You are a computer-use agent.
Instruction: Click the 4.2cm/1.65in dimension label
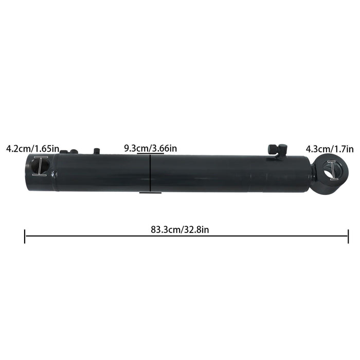point(32,149)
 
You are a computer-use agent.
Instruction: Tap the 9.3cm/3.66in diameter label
point(150,148)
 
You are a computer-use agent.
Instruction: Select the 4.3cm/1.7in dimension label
point(330,149)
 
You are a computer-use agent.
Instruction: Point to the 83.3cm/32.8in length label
point(180,229)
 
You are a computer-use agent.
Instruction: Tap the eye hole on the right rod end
point(332,171)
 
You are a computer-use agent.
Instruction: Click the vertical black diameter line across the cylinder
point(150,173)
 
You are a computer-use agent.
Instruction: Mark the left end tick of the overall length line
point(25,237)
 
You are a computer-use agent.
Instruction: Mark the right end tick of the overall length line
point(348,237)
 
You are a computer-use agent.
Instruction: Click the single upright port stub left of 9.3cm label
point(96,151)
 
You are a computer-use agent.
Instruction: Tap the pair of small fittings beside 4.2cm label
point(71,151)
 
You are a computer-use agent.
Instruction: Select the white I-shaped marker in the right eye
point(332,171)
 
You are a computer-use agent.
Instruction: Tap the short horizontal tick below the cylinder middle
point(150,193)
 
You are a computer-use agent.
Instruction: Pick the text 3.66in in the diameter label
point(164,148)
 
